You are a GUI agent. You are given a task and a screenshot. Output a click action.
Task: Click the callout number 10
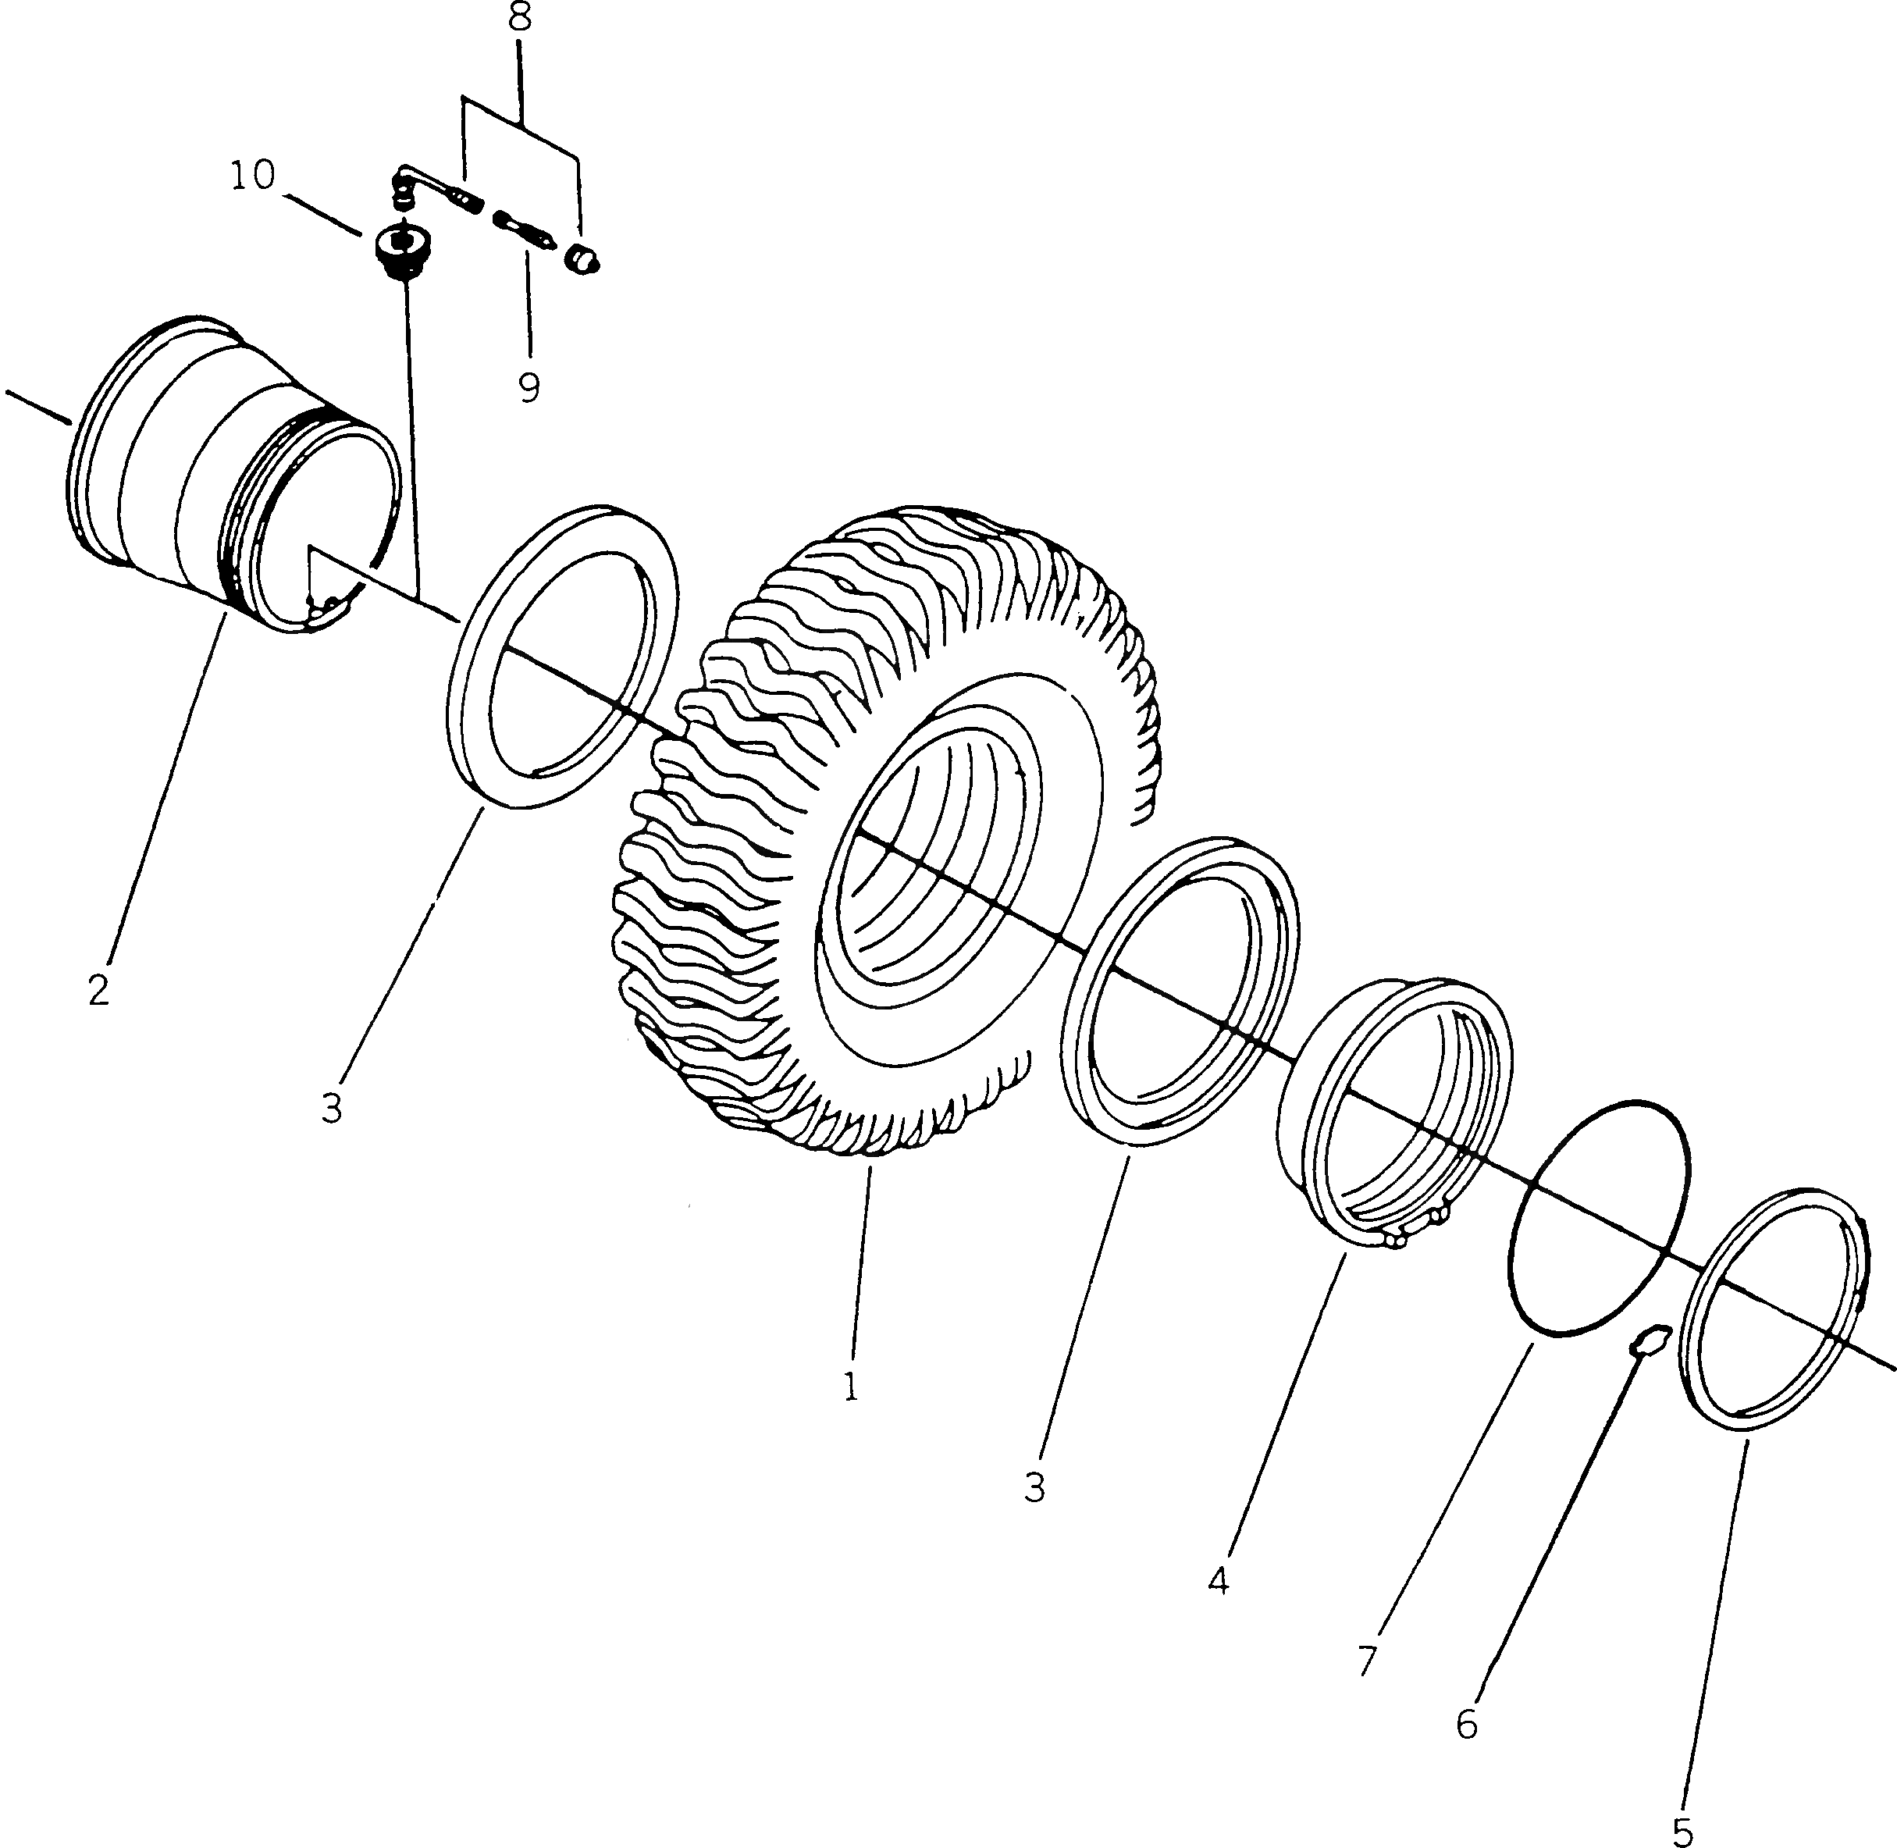tap(252, 176)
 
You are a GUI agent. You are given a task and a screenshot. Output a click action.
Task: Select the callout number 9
tap(528, 387)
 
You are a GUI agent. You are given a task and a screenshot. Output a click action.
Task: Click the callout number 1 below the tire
tap(851, 1387)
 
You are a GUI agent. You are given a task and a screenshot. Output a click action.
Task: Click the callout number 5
tap(1682, 1831)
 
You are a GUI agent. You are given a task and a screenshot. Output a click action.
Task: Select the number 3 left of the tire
tap(332, 1107)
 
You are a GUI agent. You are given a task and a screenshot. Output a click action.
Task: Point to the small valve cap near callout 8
tap(584, 259)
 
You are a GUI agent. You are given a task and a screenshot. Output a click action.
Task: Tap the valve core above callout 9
tap(523, 228)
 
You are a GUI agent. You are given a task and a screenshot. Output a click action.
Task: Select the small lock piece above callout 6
tap(1650, 1341)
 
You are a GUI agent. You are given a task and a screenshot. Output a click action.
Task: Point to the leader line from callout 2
tap(165, 796)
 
